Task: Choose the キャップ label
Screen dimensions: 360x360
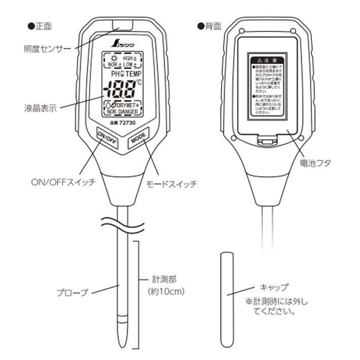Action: point(274,286)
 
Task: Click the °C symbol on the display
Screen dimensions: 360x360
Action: point(139,82)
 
